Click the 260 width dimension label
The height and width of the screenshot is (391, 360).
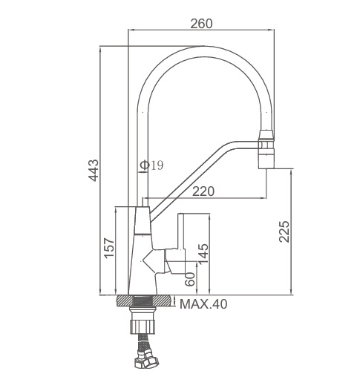[201, 24]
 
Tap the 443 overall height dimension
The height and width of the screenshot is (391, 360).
[94, 171]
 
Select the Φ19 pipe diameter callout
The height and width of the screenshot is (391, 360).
[151, 165]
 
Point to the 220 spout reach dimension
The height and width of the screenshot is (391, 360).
[203, 191]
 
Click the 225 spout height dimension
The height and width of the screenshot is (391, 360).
[284, 231]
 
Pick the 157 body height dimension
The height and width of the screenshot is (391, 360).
[109, 248]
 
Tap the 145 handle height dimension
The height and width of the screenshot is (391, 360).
[203, 254]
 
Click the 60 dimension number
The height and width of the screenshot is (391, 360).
[190, 279]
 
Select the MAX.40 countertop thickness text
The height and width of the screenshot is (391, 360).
[203, 304]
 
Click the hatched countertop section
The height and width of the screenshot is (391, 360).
[144, 300]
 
